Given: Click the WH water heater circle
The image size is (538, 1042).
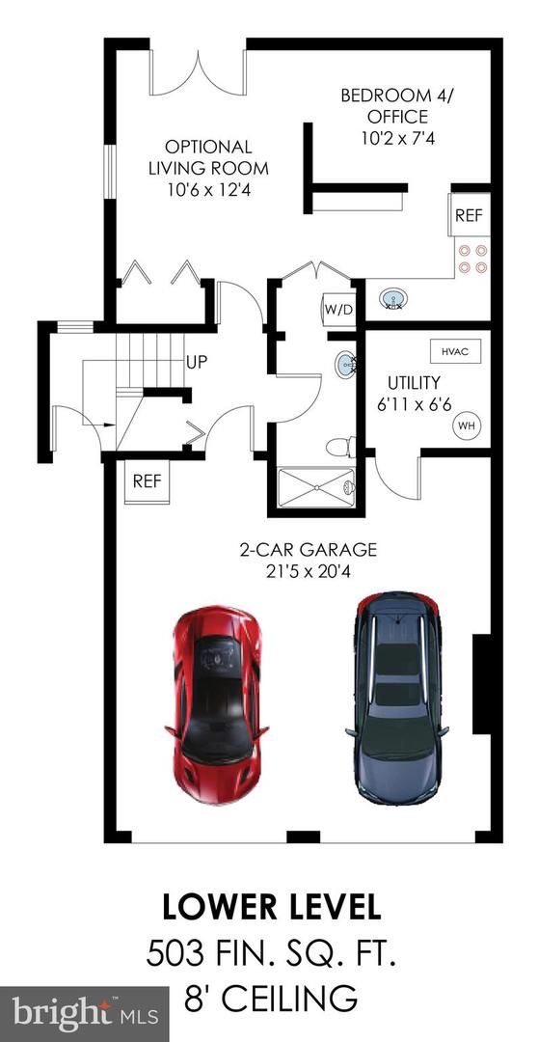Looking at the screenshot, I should [x=467, y=425].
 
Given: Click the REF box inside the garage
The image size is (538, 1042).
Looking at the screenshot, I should [x=147, y=480].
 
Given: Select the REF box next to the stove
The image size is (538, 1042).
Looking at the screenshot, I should [x=469, y=215].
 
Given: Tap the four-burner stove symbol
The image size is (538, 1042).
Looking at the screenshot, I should [x=472, y=259].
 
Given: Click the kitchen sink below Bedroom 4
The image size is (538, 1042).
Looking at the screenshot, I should [x=393, y=300].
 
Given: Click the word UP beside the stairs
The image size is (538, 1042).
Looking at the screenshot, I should [x=197, y=364].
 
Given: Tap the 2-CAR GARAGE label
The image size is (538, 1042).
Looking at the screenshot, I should [x=308, y=560].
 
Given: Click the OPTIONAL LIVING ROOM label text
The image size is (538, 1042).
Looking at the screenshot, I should [x=208, y=167].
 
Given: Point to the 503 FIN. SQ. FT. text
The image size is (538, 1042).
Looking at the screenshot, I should [x=271, y=955].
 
